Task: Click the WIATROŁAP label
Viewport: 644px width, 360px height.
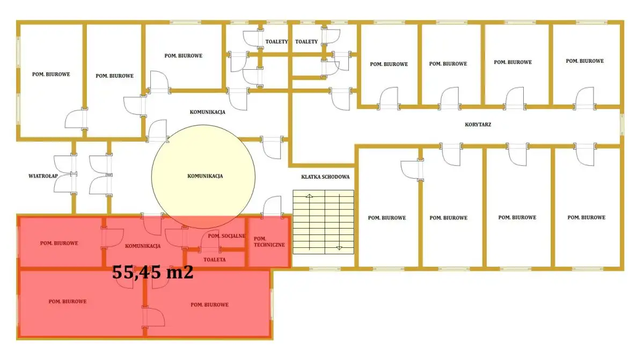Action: [x=43, y=176]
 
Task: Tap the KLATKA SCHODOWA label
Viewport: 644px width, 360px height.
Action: [x=325, y=177]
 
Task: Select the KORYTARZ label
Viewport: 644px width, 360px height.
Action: [x=478, y=124]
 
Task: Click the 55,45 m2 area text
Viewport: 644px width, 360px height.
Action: [x=152, y=272]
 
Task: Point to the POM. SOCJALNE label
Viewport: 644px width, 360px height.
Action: [x=226, y=236]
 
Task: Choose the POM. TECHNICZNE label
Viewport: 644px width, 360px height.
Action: [x=269, y=241]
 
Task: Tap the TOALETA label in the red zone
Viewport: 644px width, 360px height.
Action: [x=215, y=260]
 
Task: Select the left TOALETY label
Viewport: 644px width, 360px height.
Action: [x=276, y=42]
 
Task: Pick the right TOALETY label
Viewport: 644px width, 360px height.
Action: [x=306, y=42]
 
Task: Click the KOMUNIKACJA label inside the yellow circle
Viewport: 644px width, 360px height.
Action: [x=205, y=176]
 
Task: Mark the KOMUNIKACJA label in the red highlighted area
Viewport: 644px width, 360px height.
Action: [x=143, y=246]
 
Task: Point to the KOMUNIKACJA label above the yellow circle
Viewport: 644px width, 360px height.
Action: [x=207, y=112]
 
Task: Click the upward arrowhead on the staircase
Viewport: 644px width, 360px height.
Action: [x=309, y=196]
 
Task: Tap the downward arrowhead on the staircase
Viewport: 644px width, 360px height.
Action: [x=339, y=248]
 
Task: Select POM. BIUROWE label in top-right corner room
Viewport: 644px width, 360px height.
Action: [x=585, y=61]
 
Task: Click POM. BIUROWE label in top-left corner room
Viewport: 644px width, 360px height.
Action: [x=51, y=74]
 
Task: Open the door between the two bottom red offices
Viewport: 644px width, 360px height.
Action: [x=153, y=317]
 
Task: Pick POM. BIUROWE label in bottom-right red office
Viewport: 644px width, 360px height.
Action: [x=210, y=305]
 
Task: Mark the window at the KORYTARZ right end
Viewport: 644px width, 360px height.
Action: [x=622, y=124]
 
